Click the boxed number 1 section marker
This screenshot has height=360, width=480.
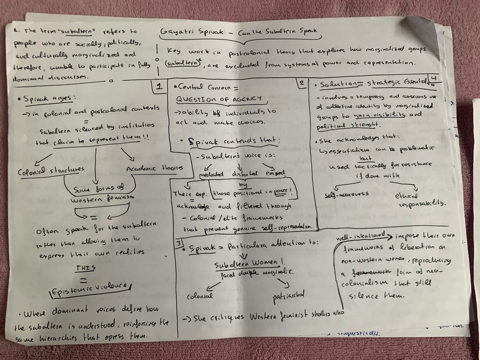pos(160,87)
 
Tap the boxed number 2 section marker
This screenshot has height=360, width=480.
pos(302,83)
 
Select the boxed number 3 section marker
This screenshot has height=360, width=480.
pos(179,244)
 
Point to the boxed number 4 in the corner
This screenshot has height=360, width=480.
pos(433,77)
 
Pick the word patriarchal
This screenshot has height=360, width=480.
pos(286,295)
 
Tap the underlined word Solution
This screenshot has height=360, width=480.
pos(335,84)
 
